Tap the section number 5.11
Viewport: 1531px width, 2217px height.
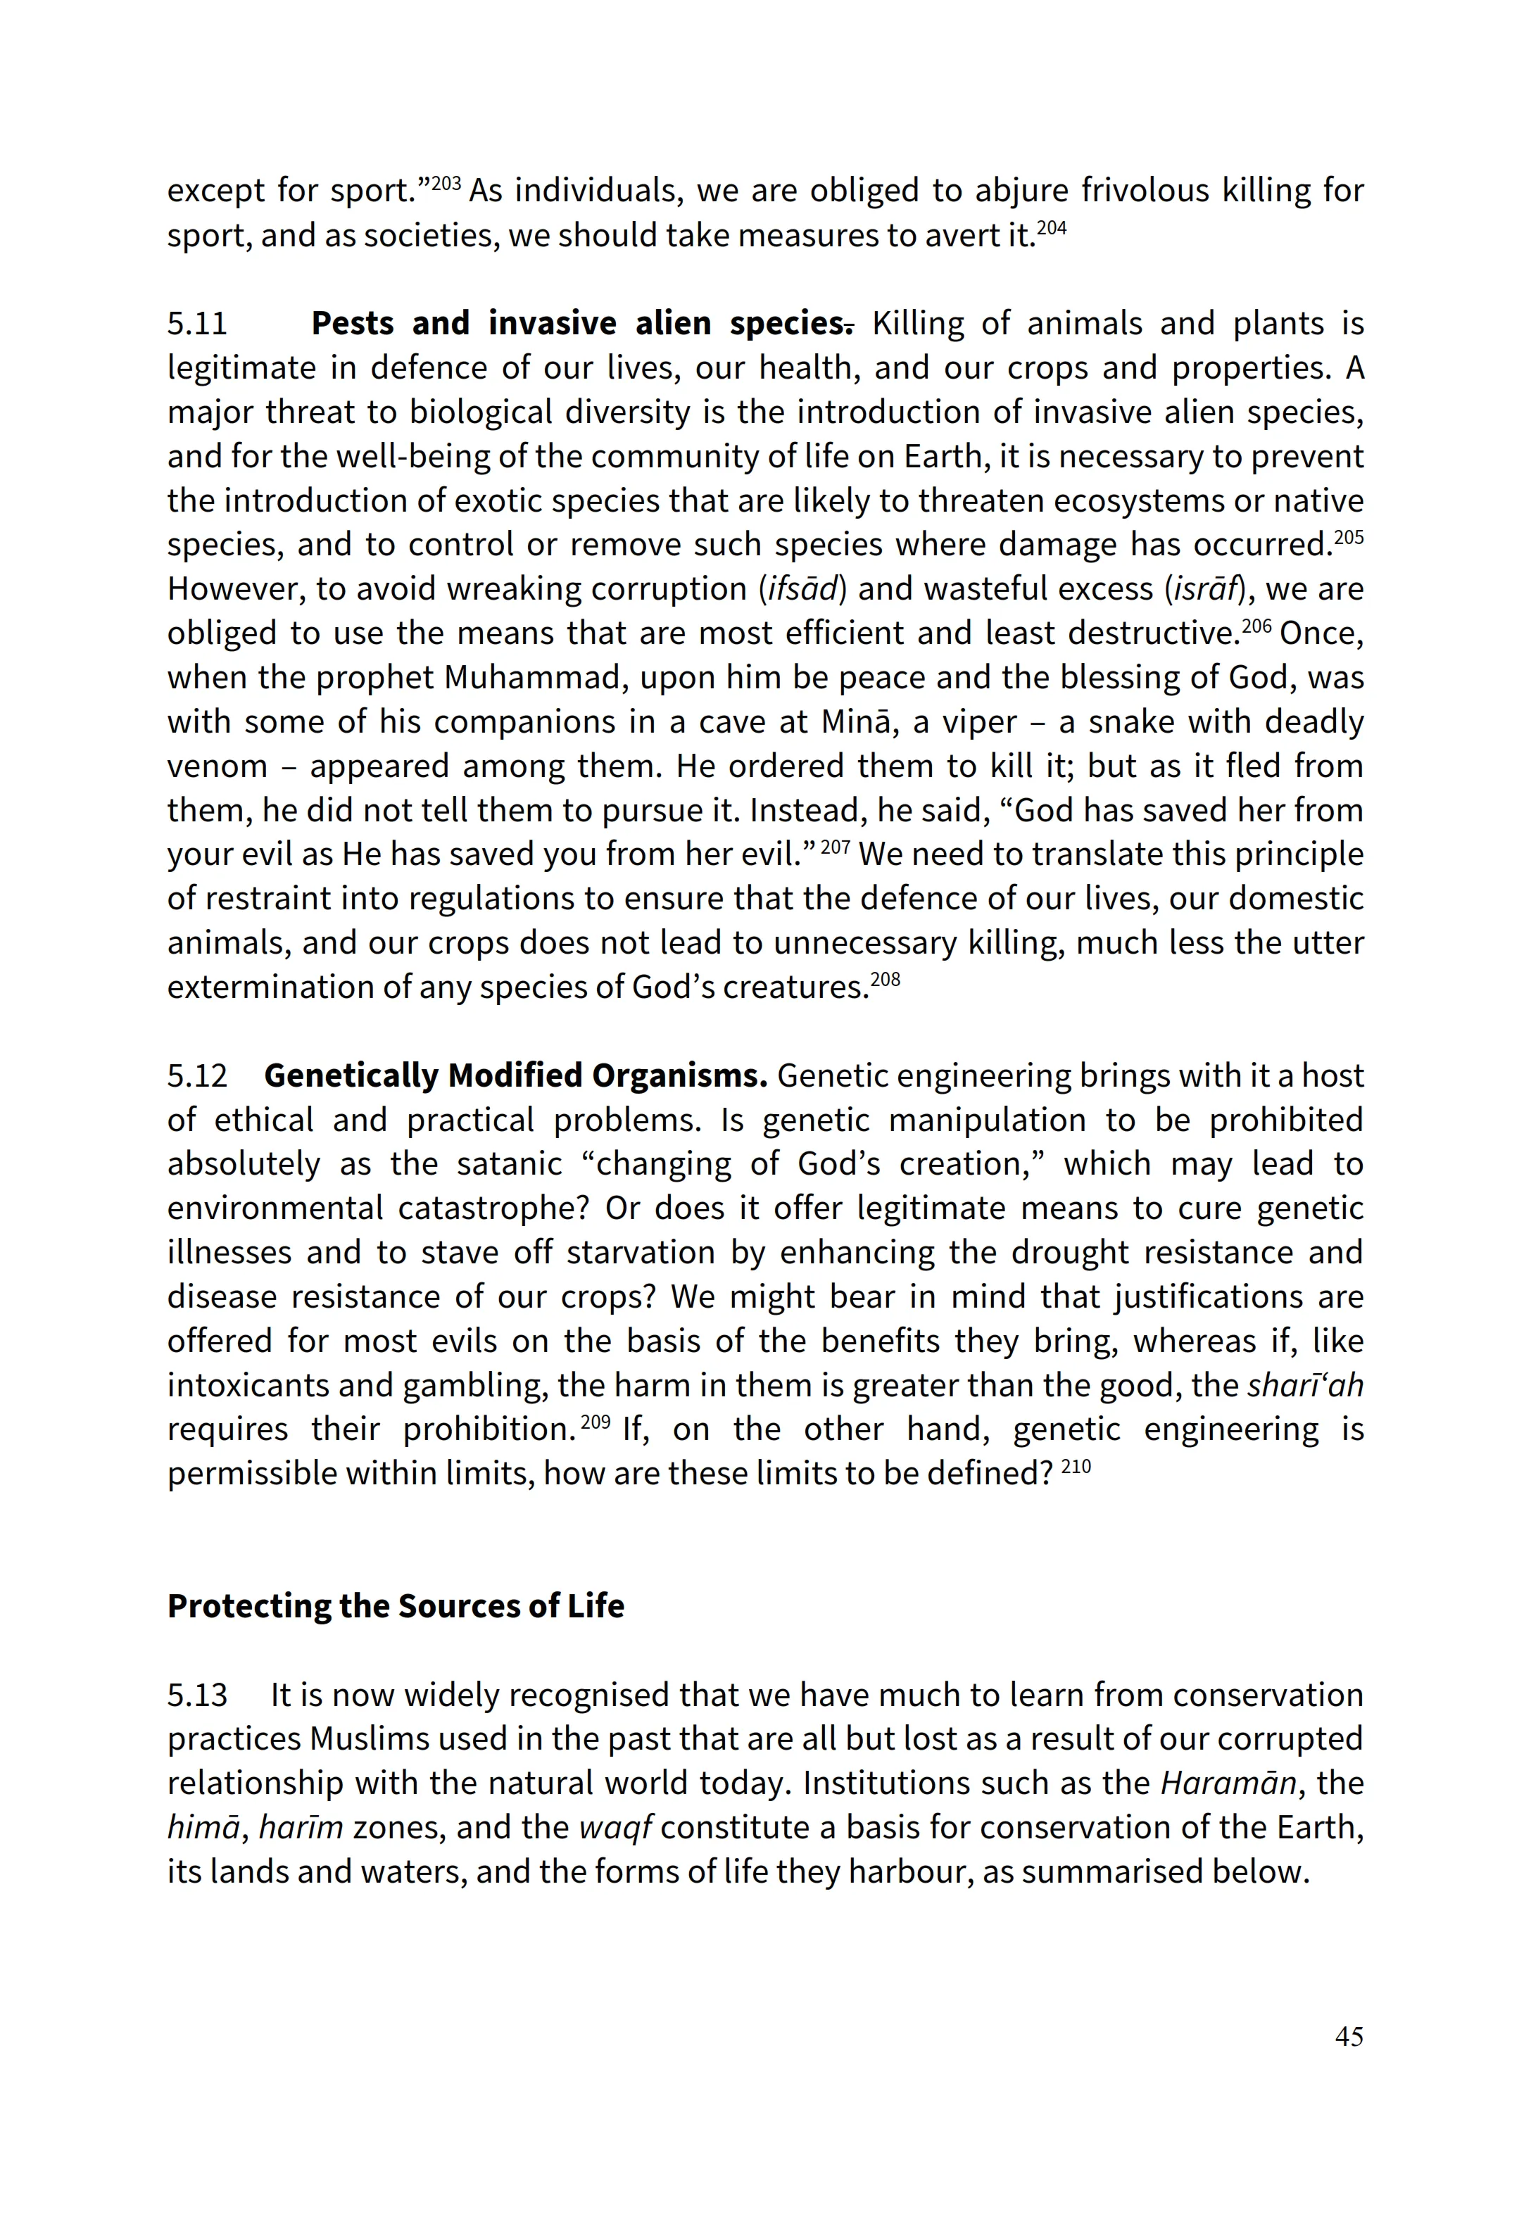click(x=198, y=324)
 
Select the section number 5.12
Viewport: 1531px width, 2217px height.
click(x=198, y=1076)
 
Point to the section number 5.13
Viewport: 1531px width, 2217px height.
click(x=198, y=1695)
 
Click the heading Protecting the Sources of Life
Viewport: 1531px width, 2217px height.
click(x=395, y=1606)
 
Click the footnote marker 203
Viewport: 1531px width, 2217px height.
click(x=446, y=182)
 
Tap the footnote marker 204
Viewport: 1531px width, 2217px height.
click(x=1052, y=227)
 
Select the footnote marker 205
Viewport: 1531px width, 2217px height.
click(x=1349, y=536)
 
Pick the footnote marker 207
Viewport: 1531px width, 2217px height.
click(x=836, y=847)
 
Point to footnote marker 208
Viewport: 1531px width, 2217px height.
click(x=886, y=979)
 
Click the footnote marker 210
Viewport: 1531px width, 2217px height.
click(x=1076, y=1466)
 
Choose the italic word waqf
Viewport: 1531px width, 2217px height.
click(x=615, y=1828)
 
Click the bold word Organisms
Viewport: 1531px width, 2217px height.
click(x=679, y=1076)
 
